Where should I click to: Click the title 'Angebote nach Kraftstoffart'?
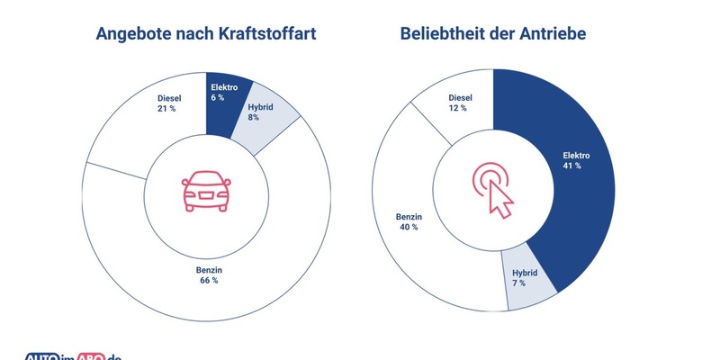207,35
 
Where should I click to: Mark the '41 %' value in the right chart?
571,166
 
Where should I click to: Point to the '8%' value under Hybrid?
254,117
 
